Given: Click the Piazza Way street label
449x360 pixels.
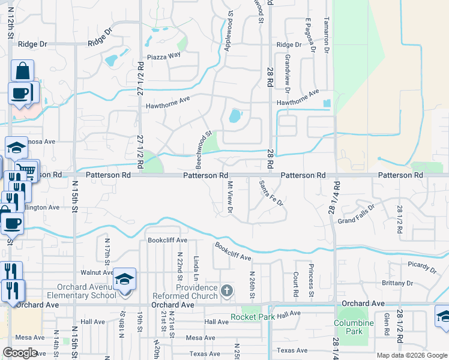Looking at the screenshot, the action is [164, 55].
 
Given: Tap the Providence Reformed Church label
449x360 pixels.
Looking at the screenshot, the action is [197, 292].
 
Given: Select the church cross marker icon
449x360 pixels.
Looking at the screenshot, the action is [226, 292].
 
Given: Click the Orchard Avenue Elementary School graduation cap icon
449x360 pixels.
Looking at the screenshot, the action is [125, 279].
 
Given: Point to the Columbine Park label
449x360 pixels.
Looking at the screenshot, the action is [354, 327].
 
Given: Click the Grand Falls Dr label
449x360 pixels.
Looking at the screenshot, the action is [356, 214].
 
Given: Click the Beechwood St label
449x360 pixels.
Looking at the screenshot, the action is [203, 150].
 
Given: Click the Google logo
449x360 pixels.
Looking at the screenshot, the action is [20, 353].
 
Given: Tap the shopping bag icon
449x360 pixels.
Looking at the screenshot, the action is [22, 71].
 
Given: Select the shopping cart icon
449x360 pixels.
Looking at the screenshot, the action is [26, 170].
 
